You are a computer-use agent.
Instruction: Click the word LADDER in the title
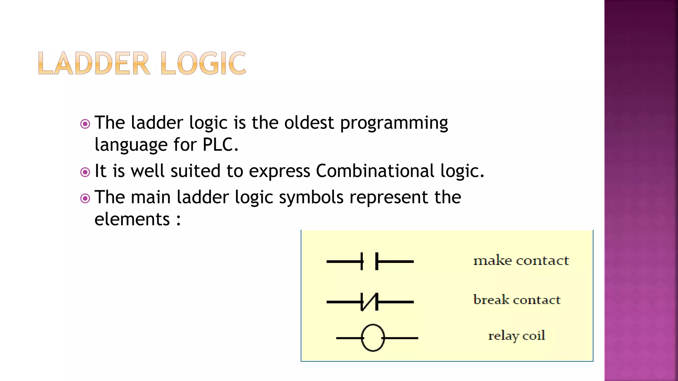coord(94,63)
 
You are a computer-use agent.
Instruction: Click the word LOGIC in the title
coord(203,63)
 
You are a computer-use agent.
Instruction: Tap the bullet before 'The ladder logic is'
coord(85,124)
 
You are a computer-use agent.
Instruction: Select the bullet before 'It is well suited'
coord(85,172)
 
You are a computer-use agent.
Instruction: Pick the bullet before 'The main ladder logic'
coord(85,198)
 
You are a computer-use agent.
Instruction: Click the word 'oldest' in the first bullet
coord(309,123)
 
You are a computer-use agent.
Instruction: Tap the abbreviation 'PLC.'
coord(220,145)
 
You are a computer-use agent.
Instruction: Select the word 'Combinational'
coord(375,171)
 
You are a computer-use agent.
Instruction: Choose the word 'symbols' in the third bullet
coord(311,197)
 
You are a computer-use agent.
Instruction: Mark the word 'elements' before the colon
coord(132,219)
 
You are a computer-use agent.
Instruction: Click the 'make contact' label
coord(521,261)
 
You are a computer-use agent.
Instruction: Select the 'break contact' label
coord(517,300)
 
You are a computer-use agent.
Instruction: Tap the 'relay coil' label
coord(516,336)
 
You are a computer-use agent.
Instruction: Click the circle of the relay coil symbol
coord(373,338)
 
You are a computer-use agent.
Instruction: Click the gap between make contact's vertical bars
coord(369,261)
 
